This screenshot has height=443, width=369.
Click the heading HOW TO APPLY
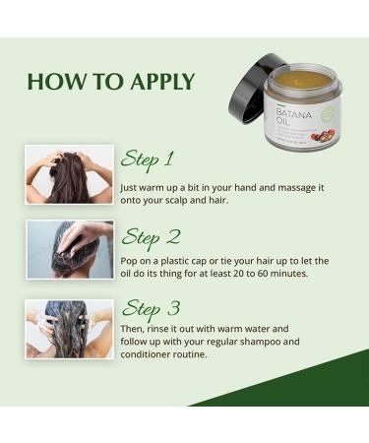coord(110,81)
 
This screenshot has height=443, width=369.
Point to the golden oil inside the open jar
coord(300,80)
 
